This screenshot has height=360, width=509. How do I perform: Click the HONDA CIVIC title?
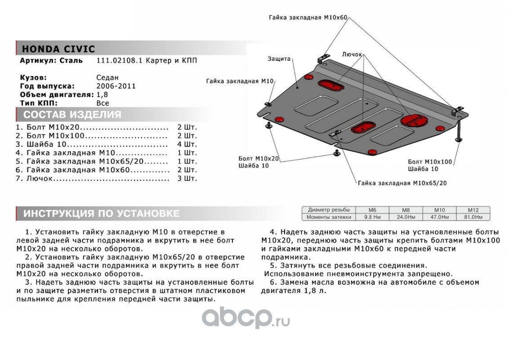58,49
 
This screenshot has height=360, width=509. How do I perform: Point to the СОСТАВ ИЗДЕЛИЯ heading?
72,114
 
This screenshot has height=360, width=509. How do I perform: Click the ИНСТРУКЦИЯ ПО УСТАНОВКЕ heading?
101,213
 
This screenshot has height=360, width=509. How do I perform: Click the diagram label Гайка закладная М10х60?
308,18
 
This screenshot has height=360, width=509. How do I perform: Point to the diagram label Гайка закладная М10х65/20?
402,183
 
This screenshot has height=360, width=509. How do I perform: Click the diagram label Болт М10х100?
430,161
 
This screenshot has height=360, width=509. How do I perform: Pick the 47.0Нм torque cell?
439,217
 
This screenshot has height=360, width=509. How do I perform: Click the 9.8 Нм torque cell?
372,217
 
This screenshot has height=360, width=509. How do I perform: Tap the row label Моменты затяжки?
329,217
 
